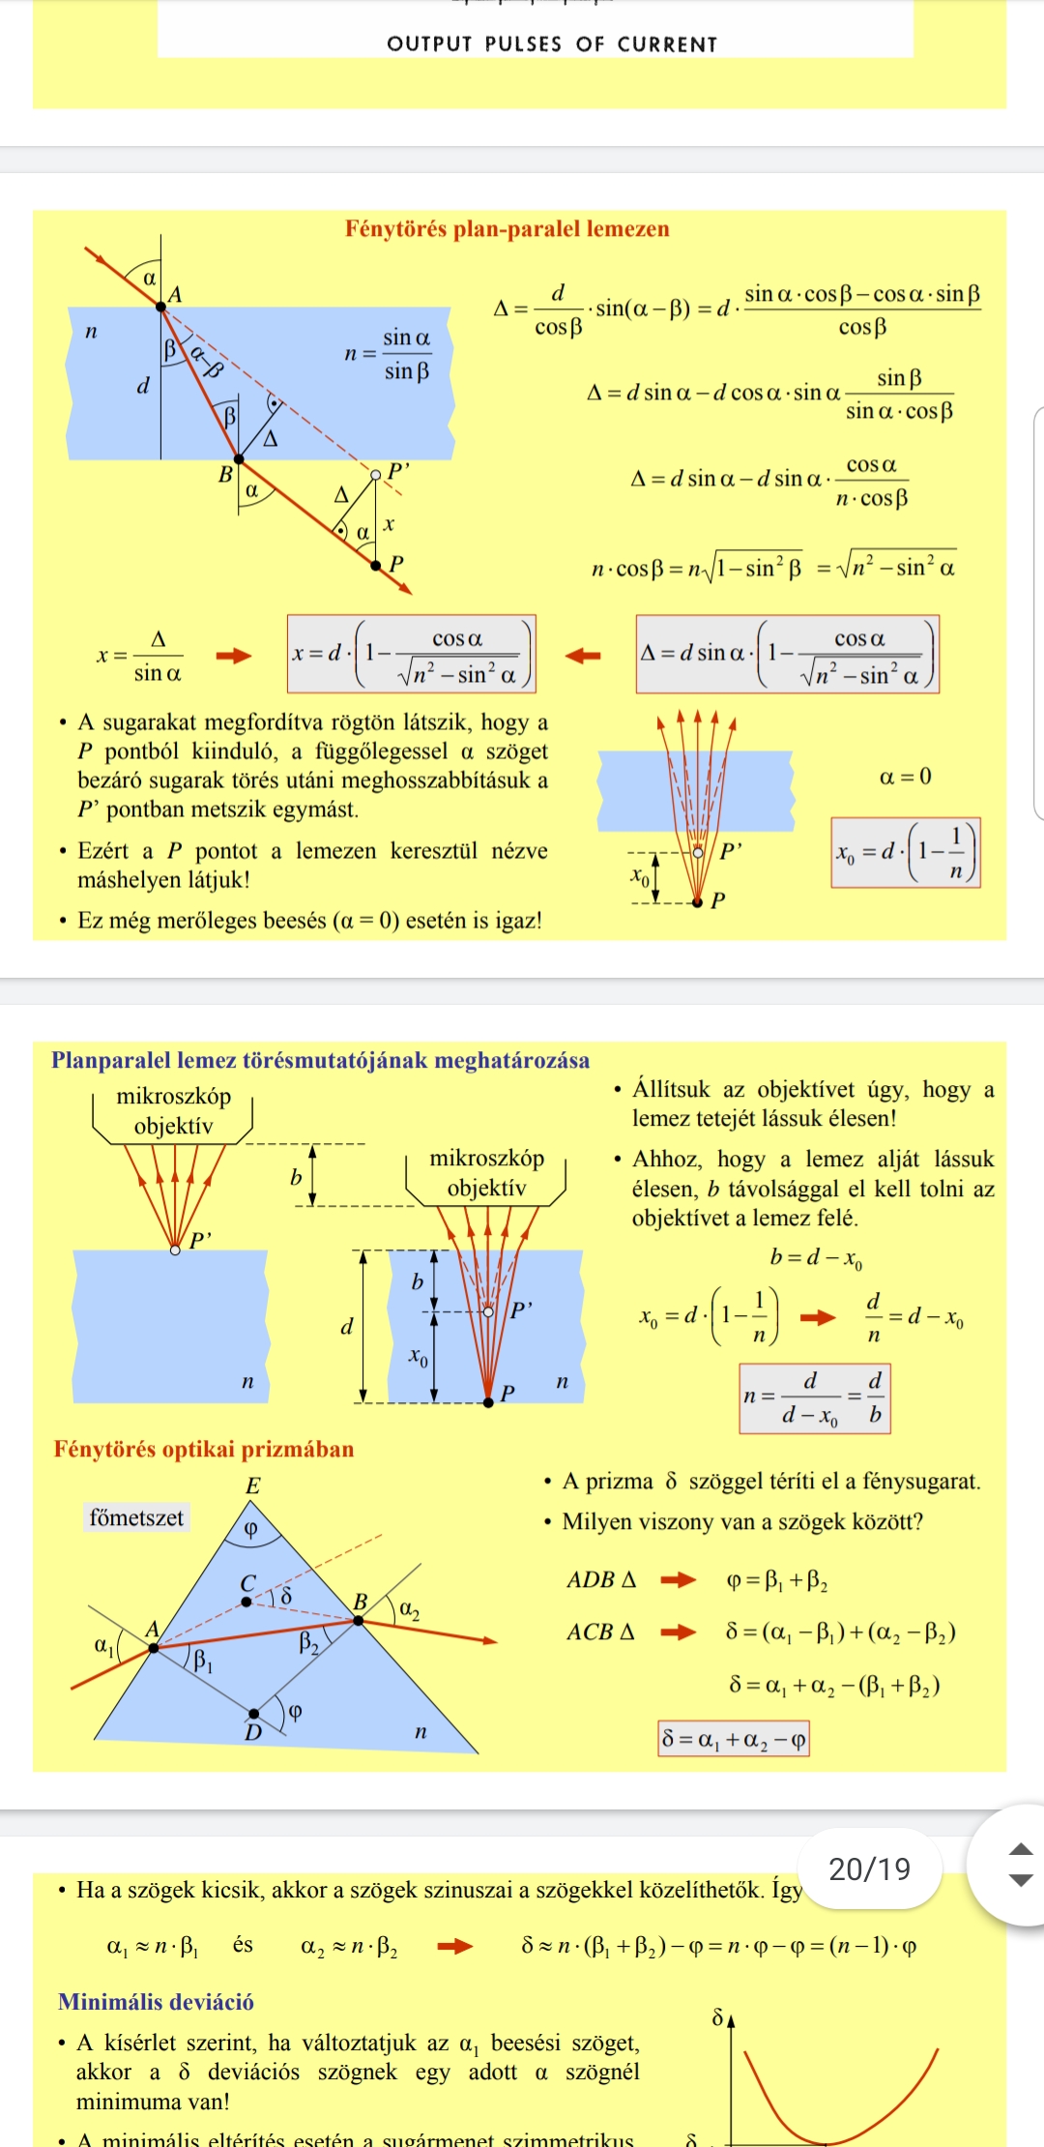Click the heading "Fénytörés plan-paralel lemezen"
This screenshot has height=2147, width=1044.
pos(507,229)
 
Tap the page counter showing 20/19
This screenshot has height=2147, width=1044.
pos(870,1868)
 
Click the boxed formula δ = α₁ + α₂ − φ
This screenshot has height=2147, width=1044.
pos(734,1739)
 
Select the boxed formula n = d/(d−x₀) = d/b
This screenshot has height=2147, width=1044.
pos(815,1398)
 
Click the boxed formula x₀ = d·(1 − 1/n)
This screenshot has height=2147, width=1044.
pos(906,853)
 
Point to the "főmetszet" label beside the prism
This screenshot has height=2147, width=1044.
pos(136,1517)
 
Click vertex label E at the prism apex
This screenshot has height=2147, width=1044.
pos(253,1485)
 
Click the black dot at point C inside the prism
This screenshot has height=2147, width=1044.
pos(246,1602)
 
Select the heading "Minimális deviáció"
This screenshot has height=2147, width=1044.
pos(156,2002)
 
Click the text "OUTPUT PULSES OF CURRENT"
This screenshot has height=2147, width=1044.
pos(552,44)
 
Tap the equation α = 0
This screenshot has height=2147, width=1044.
pos(906,777)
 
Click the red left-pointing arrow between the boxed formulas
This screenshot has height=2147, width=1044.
pos(583,656)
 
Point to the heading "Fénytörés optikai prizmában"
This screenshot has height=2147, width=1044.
pos(204,1449)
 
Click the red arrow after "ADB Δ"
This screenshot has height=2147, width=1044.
pos(678,1580)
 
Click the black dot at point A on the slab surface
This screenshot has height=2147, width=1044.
pos(161,307)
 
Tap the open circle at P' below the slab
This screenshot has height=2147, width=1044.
pos(376,474)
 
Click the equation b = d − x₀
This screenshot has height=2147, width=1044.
pos(817,1258)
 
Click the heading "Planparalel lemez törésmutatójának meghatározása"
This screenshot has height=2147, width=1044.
pos(321,1061)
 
